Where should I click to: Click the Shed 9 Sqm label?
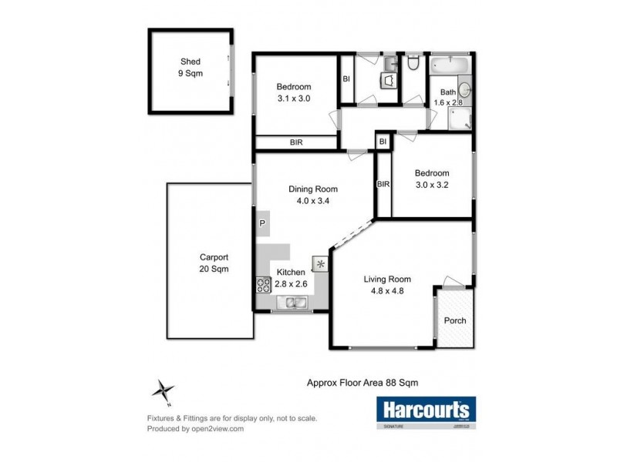click(190, 68)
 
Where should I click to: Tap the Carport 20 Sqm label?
click(214, 263)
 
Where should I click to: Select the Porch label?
click(454, 320)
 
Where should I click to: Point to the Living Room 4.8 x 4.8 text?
click(387, 285)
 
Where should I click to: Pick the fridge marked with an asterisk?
click(320, 263)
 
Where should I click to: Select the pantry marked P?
click(262, 223)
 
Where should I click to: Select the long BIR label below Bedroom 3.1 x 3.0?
click(296, 142)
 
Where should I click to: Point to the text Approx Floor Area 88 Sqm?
click(358, 381)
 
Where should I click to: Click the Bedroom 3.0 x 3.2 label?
click(431, 179)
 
